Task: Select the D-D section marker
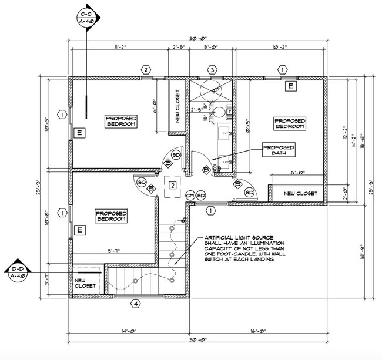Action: pyautogui.click(x=18, y=273)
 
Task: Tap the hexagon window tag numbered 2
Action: pyautogui.click(x=145, y=70)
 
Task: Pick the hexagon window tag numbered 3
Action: pyautogui.click(x=212, y=70)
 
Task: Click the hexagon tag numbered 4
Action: pyautogui.click(x=136, y=304)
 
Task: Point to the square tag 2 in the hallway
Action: pyautogui.click(x=172, y=186)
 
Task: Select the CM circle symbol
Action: pyautogui.click(x=190, y=195)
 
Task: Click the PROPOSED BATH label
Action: pyautogui.click(x=278, y=150)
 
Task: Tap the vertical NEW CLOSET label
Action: pyautogui.click(x=177, y=106)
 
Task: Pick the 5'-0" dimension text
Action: pyautogui.click(x=212, y=48)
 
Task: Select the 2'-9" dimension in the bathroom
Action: pyautogui.click(x=197, y=110)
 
